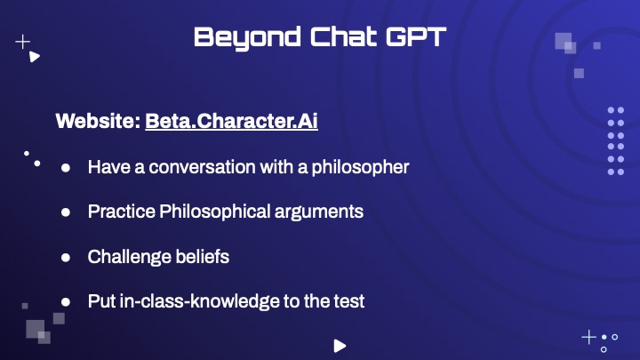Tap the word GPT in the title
pos(416,36)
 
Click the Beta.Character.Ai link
pos(231,121)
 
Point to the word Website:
pos(98,121)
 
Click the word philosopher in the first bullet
pos(360,167)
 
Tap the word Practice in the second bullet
pos(122,212)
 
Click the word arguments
pos(319,212)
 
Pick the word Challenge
pos(130,257)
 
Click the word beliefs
pos(203,257)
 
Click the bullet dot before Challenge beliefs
pos(66,258)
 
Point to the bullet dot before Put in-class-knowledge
pos(66,302)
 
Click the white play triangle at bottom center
pos(340,346)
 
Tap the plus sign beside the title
pos(23,42)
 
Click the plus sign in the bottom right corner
pos(589,338)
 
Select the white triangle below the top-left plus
pos(35,57)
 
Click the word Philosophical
pos(215,212)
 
